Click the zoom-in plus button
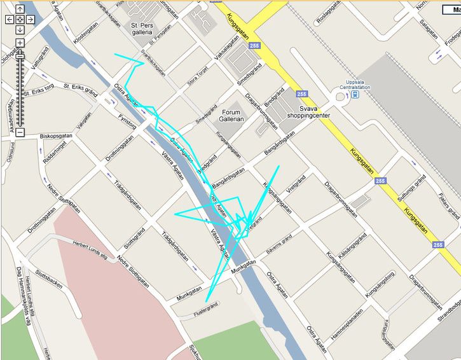[20, 43]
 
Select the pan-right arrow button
[30, 20]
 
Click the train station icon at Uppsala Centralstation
[355, 95]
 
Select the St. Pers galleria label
[142, 28]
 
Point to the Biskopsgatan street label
[56, 135]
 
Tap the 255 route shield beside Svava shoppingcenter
[301, 93]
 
